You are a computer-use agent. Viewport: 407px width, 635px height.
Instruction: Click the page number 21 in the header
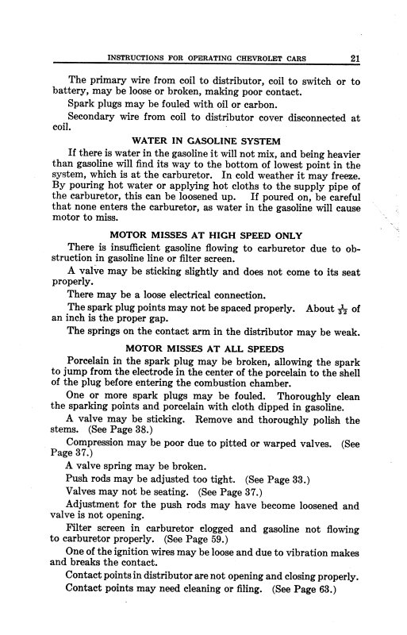(353, 56)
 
